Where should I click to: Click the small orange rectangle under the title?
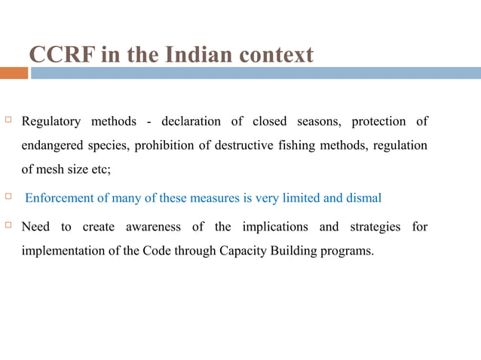coord(14,73)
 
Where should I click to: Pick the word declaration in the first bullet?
coord(191,121)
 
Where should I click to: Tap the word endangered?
coord(54,145)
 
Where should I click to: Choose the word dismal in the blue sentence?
coord(364,198)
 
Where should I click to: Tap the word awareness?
coord(159,227)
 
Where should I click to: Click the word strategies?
coord(372,227)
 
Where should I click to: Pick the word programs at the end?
coord(349,251)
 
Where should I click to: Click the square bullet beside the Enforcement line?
coord(9,197)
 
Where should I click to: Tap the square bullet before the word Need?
coord(9,226)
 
